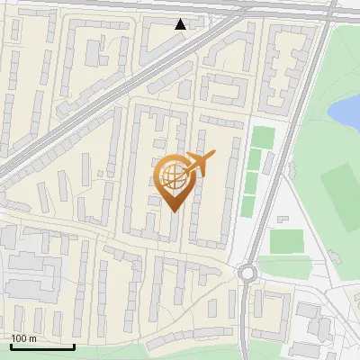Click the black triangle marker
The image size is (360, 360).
[x=181, y=24]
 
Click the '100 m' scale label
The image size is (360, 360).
[x=23, y=337]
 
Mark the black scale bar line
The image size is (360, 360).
[x=42, y=346]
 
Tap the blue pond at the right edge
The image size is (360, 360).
[x=346, y=112]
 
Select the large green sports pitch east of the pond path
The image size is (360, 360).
[x=339, y=184]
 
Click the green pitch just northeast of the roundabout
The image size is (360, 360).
[x=286, y=241]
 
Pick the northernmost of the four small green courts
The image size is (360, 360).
[x=262, y=138]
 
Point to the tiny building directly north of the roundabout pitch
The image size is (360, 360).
[x=283, y=220]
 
